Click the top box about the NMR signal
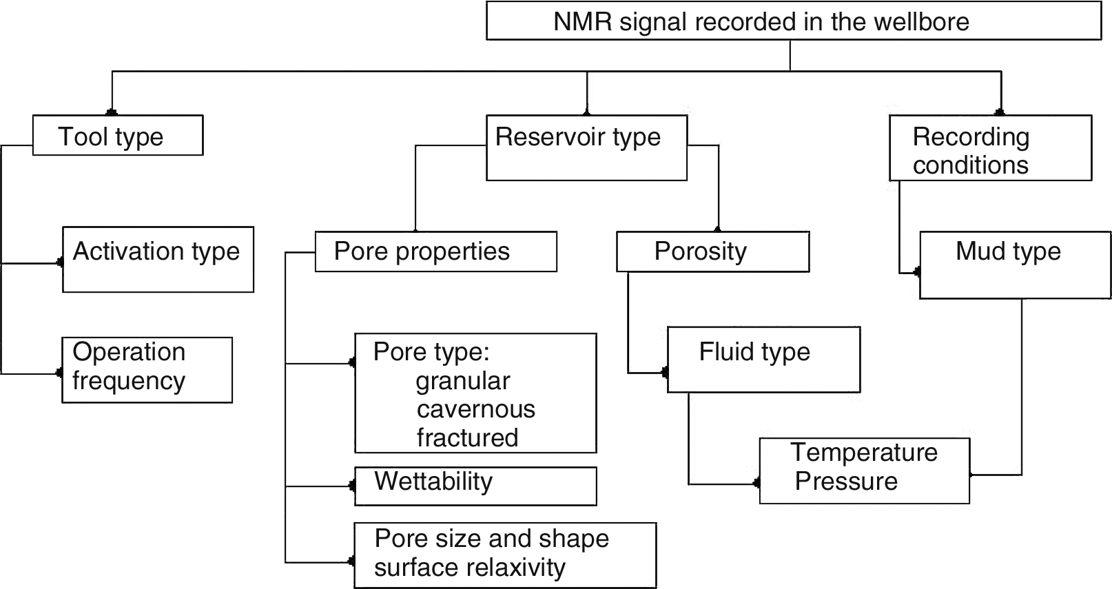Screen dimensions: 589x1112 pyautogui.click(x=793, y=21)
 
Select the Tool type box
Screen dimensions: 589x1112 pyautogui.click(x=118, y=136)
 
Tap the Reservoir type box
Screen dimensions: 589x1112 pyautogui.click(x=586, y=148)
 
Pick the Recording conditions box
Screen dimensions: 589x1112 pyautogui.click(x=990, y=149)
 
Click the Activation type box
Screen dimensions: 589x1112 pyautogui.click(x=158, y=260)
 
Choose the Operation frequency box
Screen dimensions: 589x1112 pyautogui.click(x=147, y=370)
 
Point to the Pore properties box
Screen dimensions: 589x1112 pyautogui.click(x=435, y=251)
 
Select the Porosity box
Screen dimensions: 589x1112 pyautogui.click(x=712, y=251)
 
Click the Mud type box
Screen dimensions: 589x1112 pyautogui.click(x=1015, y=265)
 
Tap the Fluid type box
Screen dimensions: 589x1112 pyautogui.click(x=763, y=360)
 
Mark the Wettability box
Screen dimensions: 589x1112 pyautogui.click(x=475, y=486)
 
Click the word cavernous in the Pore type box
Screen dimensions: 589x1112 pyautogui.click(x=475, y=409)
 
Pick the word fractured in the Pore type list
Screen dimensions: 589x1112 pyautogui.click(x=467, y=438)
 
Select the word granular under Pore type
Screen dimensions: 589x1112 pyautogui.click(x=463, y=381)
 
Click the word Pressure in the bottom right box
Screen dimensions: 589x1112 pyautogui.click(x=846, y=482)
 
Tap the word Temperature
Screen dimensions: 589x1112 pyautogui.click(x=864, y=453)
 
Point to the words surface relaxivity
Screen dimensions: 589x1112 pyautogui.click(x=469, y=568)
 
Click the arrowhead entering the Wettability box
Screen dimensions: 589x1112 pyautogui.click(x=352, y=486)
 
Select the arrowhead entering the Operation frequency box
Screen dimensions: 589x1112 pyautogui.click(x=59, y=373)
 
